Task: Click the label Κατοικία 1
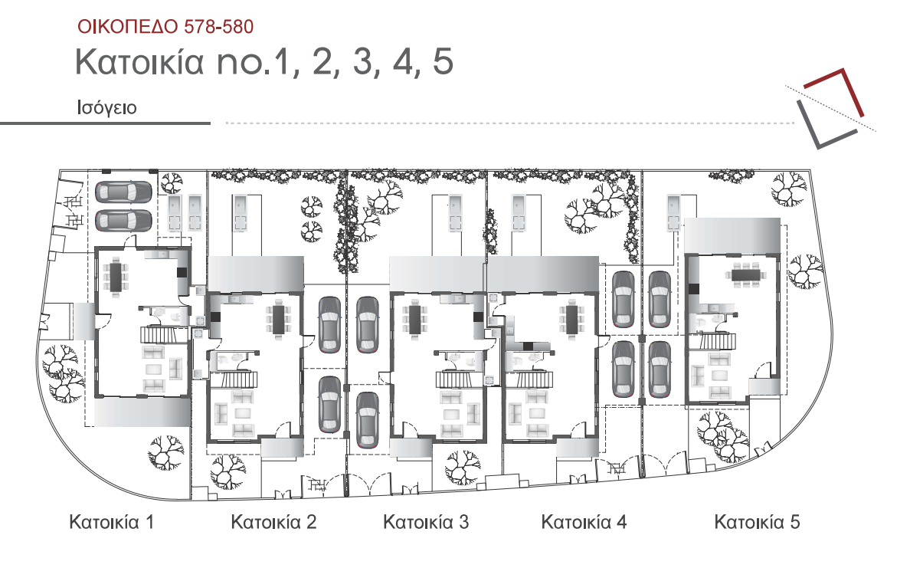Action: point(111,521)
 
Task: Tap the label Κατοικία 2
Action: point(273,521)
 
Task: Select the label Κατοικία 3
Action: point(425,521)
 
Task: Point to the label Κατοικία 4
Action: point(584,521)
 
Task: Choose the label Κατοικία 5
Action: point(757,521)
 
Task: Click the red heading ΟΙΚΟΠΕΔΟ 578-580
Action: point(165,27)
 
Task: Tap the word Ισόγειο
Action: point(106,107)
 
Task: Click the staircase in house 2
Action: point(234,380)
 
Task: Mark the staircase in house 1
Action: point(164,334)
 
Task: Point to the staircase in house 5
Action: point(716,340)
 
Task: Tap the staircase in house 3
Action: point(459,380)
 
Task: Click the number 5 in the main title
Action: point(443,61)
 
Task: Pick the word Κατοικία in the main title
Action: point(140,61)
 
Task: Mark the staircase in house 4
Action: point(529,380)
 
